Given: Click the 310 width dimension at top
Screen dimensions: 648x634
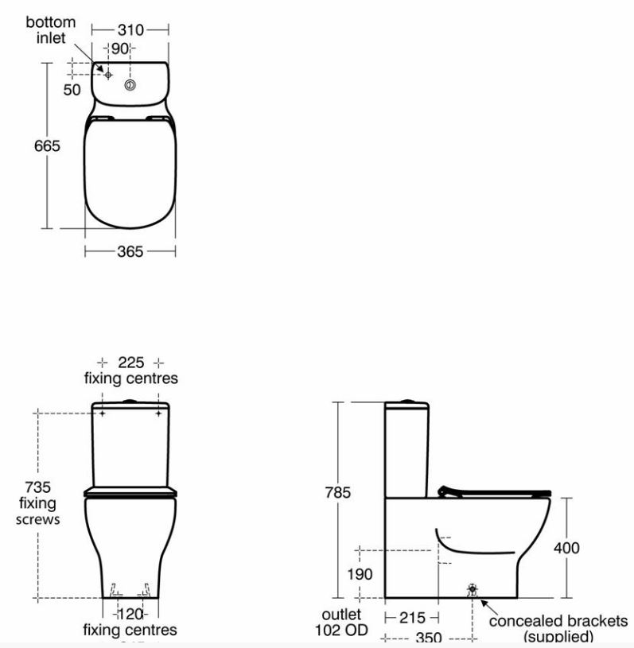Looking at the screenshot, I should click(x=130, y=30).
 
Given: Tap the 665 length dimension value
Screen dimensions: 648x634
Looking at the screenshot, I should click(x=46, y=147).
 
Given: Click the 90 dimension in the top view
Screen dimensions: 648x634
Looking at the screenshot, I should click(x=119, y=49).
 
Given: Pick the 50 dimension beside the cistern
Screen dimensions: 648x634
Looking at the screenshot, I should click(x=72, y=90).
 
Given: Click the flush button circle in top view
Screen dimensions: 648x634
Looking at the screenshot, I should click(x=129, y=83).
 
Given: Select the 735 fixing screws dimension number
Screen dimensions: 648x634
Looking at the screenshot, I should click(x=37, y=487).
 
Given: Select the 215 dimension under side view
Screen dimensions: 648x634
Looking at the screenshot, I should click(x=412, y=618).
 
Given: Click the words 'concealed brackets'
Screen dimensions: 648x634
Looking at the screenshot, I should click(x=558, y=620).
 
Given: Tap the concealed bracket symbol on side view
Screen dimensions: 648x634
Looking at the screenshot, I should click(x=473, y=590).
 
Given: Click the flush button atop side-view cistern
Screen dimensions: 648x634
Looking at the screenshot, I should click(x=407, y=400).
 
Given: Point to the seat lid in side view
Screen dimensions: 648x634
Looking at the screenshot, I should click(x=493, y=491).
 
